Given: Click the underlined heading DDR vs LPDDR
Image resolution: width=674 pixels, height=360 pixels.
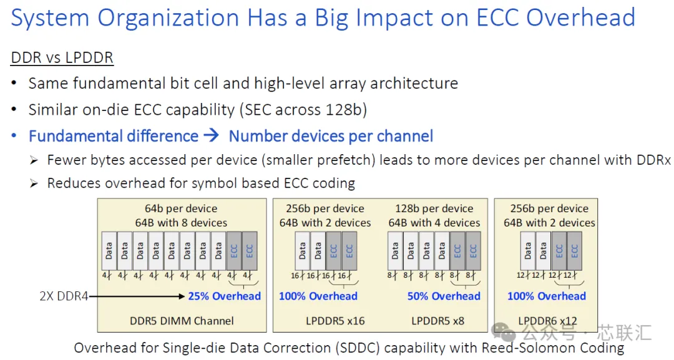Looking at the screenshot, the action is coord(62,57).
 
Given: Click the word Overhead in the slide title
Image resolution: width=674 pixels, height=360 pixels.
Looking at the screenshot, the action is coord(580,17).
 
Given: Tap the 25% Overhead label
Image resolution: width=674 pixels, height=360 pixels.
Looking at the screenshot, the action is coord(225,296).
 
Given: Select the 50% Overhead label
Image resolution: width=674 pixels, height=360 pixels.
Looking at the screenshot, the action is coord(444,296).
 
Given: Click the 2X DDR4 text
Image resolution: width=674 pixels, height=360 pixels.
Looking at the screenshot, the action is coord(64,296).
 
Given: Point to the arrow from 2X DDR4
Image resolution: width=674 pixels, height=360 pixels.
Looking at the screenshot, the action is coord(137,296).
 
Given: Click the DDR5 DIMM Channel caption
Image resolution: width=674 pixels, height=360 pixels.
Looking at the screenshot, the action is coord(182,321).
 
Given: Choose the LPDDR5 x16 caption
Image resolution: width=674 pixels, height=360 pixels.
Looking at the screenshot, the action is coord(335,321).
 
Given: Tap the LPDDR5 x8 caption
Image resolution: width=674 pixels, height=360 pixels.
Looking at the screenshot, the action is coord(437,321).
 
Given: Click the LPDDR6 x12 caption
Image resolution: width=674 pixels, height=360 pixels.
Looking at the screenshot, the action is coord(548,321).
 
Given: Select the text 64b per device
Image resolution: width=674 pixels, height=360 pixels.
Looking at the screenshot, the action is coord(181,209).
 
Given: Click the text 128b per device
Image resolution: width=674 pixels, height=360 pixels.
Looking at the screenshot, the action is coord(434,209).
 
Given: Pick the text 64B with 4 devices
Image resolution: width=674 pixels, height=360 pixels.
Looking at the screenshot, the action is coord(434,223).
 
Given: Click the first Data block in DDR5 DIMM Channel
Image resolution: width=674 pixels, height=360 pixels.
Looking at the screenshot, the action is coord(109,251).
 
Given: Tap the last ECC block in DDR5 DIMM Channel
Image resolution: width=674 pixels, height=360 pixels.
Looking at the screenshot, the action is coord(250,251).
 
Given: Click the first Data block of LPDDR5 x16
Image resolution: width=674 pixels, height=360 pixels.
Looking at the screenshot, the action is coord(302,251).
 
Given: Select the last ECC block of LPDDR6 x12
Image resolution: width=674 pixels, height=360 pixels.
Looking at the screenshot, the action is coord(575,251).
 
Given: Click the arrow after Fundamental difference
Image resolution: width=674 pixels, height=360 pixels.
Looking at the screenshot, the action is coord(211,136).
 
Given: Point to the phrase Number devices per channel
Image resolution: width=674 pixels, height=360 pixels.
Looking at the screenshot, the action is coord(331,136).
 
